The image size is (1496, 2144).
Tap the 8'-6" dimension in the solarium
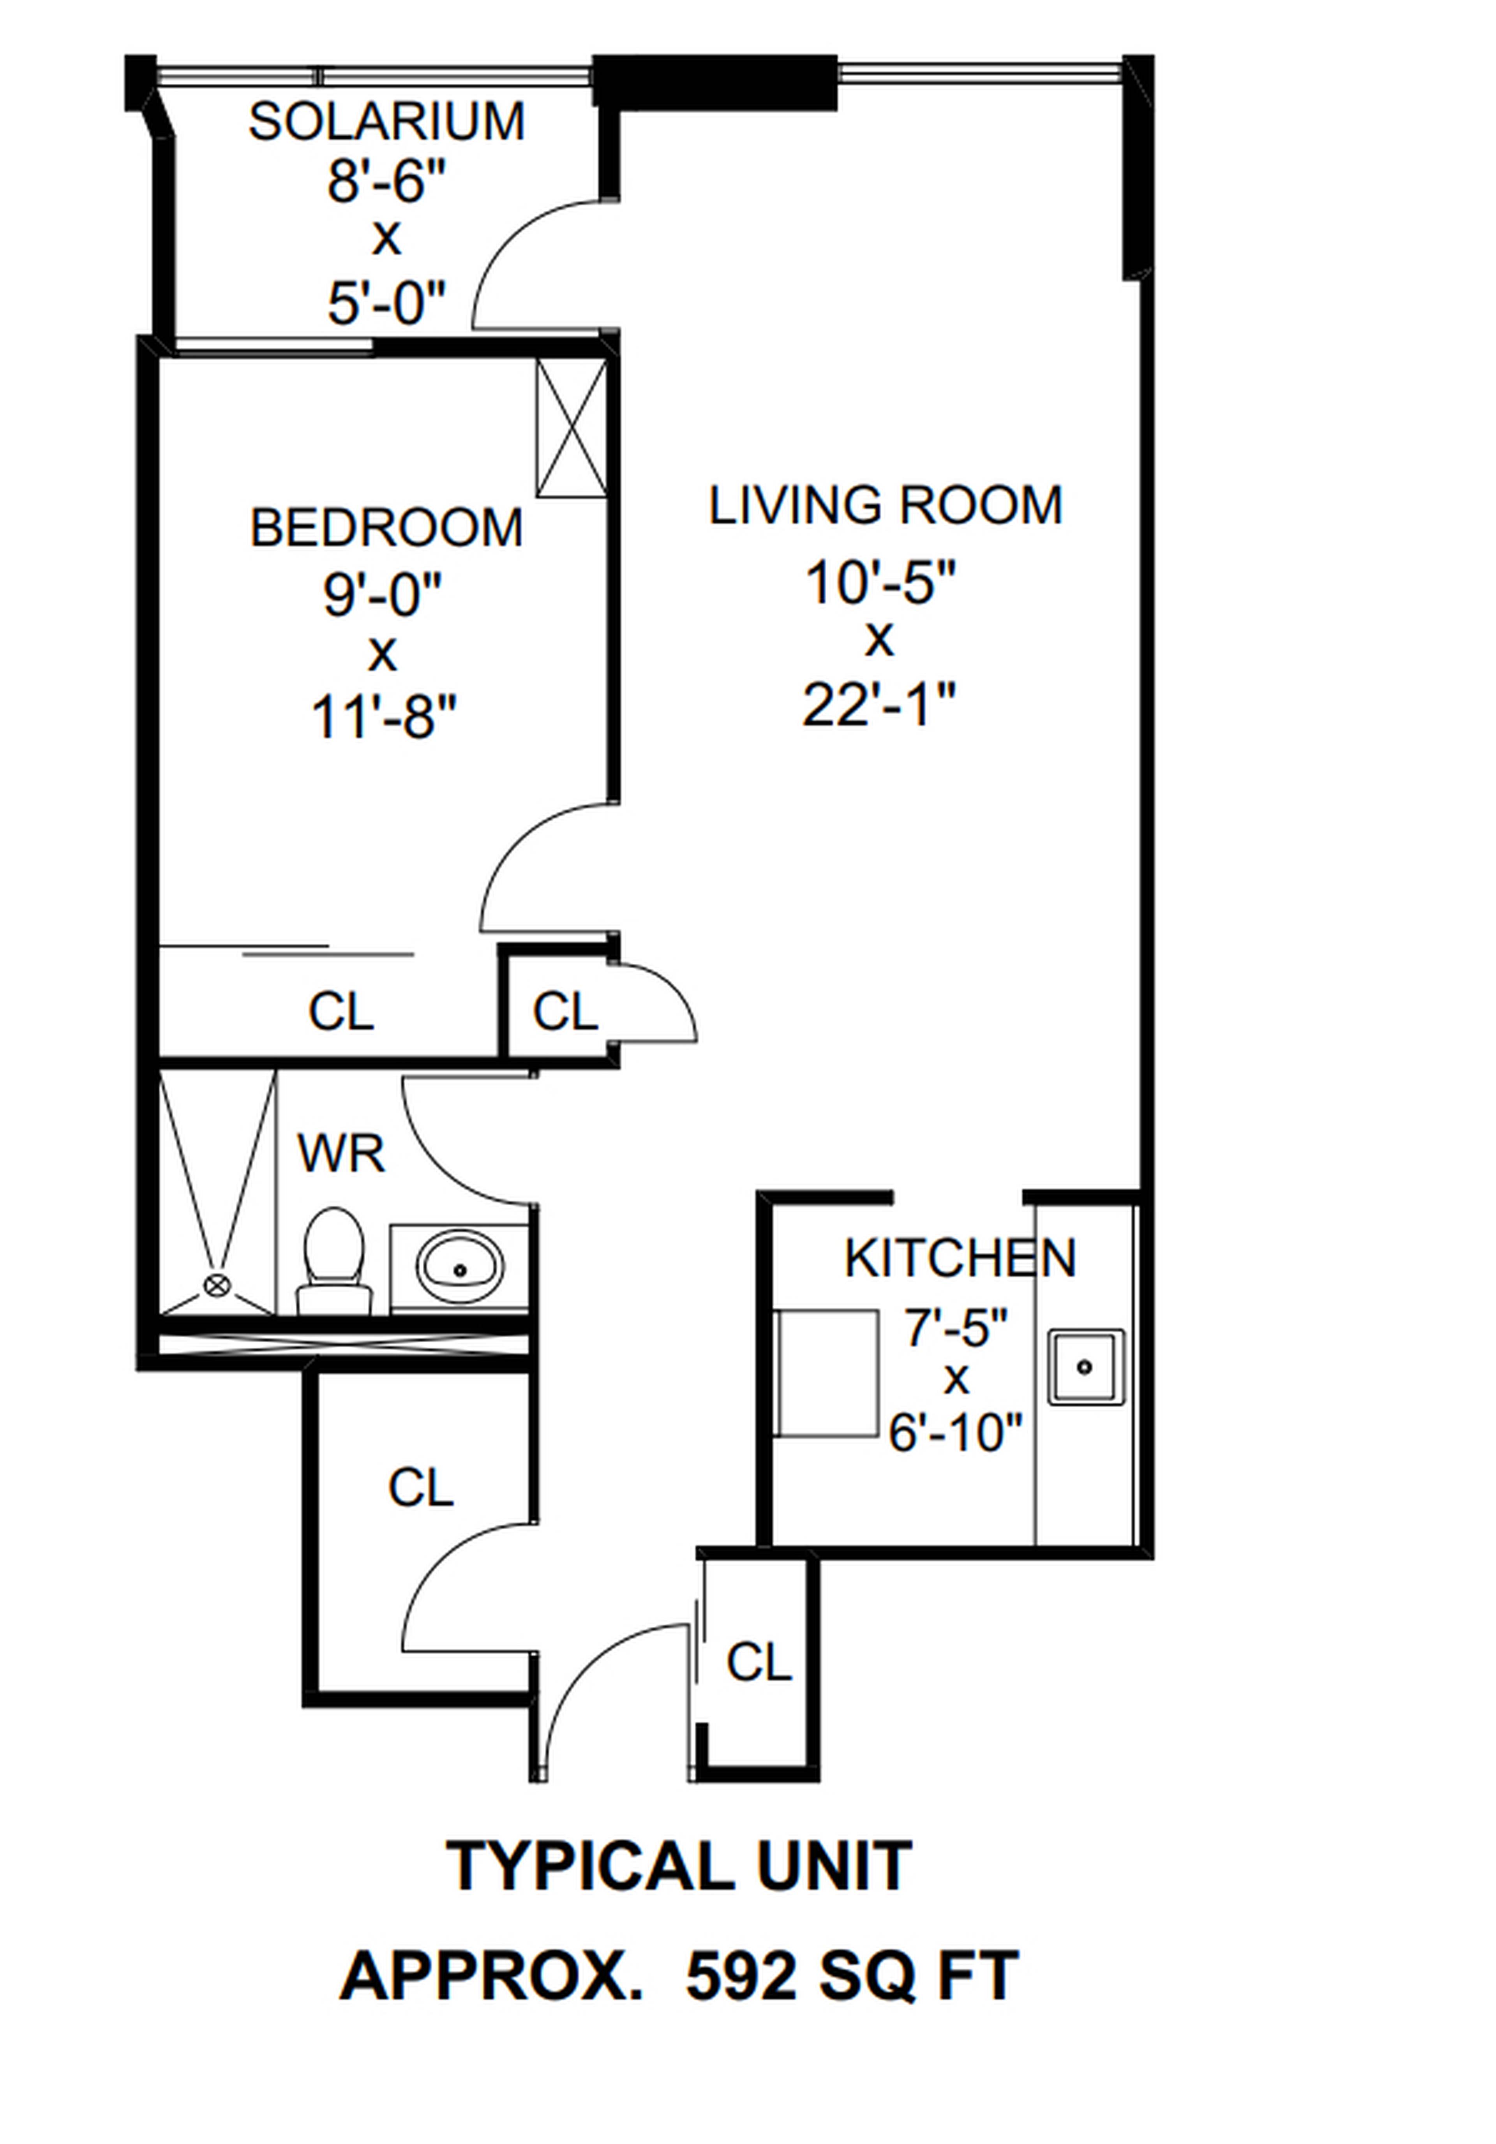point(386,181)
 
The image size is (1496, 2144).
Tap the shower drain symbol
point(217,1286)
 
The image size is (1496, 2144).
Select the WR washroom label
point(341,1155)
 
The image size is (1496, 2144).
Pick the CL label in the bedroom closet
point(341,1011)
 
